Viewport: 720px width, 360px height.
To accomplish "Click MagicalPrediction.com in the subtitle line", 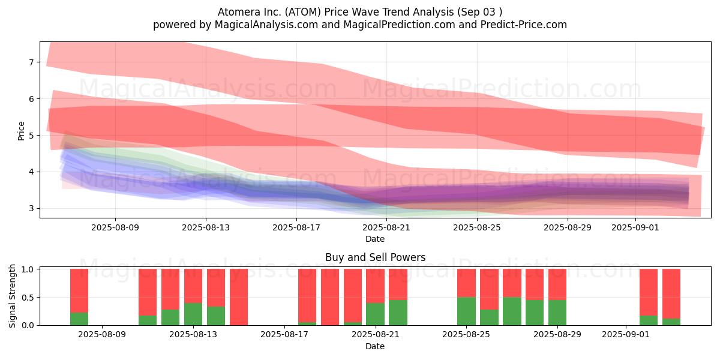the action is (x=399, y=25).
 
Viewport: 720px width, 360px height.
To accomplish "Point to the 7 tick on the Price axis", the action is (x=31, y=62).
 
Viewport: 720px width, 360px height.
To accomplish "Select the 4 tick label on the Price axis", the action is (x=31, y=172).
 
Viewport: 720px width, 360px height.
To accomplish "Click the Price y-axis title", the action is (x=21, y=131).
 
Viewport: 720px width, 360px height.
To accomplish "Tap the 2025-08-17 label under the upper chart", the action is (x=296, y=227).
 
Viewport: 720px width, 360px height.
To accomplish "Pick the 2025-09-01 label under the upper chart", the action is (x=635, y=227).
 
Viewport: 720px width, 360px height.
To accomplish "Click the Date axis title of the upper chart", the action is (x=375, y=239).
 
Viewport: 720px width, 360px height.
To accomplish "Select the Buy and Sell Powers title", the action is (x=376, y=257).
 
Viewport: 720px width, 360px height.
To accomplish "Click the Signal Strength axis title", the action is (x=12, y=296).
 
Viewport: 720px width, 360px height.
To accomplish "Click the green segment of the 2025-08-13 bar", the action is (x=193, y=314).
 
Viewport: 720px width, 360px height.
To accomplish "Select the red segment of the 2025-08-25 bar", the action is (x=466, y=283).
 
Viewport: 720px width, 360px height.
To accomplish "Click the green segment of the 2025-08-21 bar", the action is (x=375, y=314).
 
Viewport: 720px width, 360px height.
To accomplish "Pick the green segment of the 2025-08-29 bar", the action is (x=557, y=313).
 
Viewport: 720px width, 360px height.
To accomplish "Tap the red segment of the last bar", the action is (x=671, y=294).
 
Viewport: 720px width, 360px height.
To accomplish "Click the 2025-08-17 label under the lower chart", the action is (x=284, y=335).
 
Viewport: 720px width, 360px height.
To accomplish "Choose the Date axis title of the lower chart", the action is (x=375, y=346).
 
